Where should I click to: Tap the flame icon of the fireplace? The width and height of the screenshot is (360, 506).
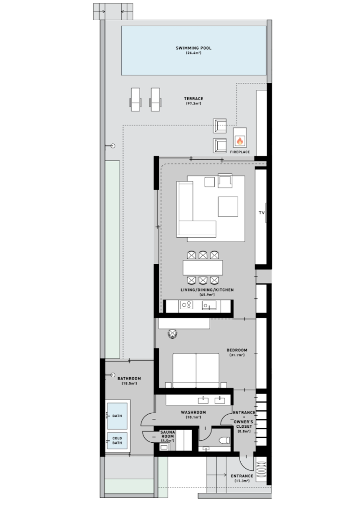240,141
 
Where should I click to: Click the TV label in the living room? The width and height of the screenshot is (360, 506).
262,213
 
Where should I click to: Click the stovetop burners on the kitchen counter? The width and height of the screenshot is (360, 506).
186,305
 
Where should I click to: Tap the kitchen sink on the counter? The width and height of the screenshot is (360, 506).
209,305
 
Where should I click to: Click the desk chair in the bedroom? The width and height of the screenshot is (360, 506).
173,334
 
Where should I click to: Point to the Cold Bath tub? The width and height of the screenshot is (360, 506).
117,440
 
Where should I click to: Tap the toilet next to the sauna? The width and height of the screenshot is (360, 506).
224,440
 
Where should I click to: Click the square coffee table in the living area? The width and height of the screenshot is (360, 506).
228,207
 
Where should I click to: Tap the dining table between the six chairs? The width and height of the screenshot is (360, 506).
203,268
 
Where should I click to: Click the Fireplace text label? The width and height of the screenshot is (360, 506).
240,152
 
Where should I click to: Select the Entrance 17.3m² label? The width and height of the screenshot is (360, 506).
242,478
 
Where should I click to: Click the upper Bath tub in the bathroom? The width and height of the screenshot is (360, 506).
117,416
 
